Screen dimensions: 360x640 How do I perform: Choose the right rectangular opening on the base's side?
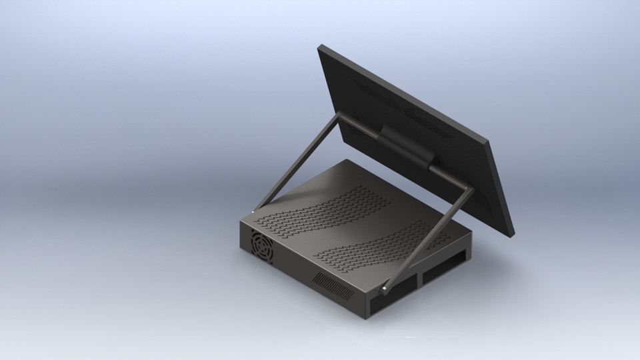[x=447, y=266]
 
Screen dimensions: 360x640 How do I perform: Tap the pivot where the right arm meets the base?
[x=385, y=288]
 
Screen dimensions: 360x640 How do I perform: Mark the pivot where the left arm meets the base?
[x=254, y=212]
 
